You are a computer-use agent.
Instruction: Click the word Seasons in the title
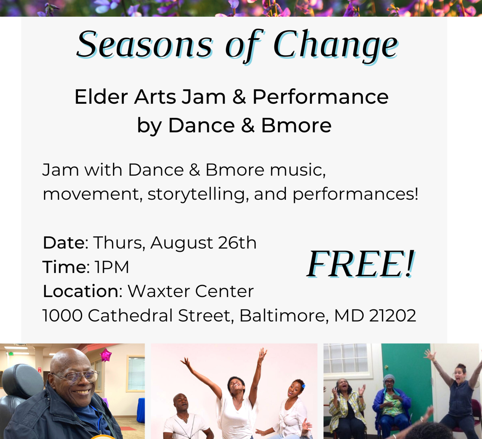pos(145,45)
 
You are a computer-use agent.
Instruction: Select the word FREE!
pos(361,264)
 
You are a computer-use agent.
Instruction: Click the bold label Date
pos(64,243)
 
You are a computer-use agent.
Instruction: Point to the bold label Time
pos(64,267)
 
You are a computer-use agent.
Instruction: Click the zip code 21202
pos(393,316)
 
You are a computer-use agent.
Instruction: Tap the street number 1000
pos(62,316)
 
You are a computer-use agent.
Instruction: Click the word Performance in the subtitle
pos(321,97)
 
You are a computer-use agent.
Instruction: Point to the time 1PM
pos(112,267)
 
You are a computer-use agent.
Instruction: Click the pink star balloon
pos(106,355)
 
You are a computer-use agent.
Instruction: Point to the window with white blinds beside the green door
pos(345,359)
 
